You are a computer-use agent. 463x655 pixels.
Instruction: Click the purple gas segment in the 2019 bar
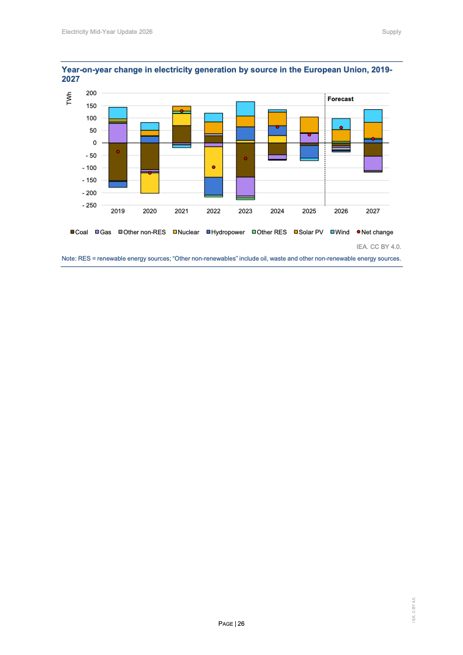pyautogui.click(x=118, y=133)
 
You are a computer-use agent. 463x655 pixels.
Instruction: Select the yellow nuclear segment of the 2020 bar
pyautogui.click(x=150, y=183)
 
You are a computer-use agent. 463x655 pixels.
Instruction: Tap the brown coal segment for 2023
pyautogui.click(x=245, y=160)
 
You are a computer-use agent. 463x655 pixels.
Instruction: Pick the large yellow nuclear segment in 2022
pyautogui.click(x=213, y=162)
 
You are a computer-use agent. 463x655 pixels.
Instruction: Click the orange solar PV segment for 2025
pyautogui.click(x=309, y=125)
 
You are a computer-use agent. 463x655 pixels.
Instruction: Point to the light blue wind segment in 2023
pyautogui.click(x=245, y=109)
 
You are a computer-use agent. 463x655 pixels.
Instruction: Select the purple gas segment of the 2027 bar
pyautogui.click(x=373, y=164)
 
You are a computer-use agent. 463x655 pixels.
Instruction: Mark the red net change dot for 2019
pyautogui.click(x=118, y=152)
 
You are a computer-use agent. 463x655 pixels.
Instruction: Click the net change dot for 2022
pyautogui.click(x=213, y=167)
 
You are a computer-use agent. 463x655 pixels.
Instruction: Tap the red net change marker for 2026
pyautogui.click(x=341, y=128)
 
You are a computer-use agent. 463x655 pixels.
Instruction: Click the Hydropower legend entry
pyautogui.click(x=225, y=232)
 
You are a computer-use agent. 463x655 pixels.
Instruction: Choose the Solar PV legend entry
pyautogui.click(x=308, y=232)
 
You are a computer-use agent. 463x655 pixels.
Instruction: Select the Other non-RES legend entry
pyautogui.click(x=142, y=232)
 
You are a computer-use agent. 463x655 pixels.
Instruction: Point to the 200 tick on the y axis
pyautogui.click(x=92, y=93)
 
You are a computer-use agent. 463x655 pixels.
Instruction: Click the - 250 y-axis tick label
pyautogui.click(x=89, y=206)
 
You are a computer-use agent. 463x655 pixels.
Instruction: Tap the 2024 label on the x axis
pyautogui.click(x=277, y=212)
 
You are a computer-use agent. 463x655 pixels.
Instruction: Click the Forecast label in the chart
pyautogui.click(x=340, y=99)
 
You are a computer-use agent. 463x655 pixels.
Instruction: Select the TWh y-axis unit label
pyautogui.click(x=69, y=99)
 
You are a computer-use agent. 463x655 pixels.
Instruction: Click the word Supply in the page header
pyautogui.click(x=392, y=32)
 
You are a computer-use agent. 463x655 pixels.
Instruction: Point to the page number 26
pyautogui.click(x=241, y=623)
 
